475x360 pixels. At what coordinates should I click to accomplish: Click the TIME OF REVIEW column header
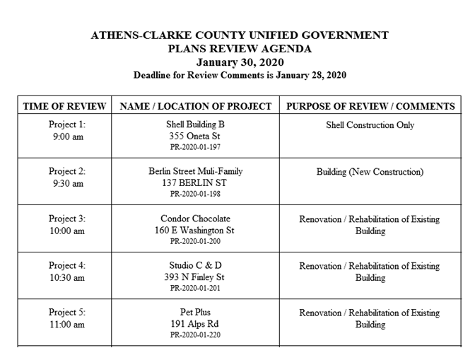[64, 106]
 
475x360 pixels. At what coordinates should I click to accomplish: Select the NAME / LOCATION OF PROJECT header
[196, 106]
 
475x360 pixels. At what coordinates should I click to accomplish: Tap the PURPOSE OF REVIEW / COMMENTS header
[370, 106]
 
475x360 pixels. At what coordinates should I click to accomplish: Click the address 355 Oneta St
[195, 137]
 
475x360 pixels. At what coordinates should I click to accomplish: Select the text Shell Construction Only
[370, 125]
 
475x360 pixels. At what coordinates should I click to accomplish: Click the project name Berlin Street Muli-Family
[195, 171]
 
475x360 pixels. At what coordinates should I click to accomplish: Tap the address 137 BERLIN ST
[195, 182]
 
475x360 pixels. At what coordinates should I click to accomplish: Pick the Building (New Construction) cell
[370, 172]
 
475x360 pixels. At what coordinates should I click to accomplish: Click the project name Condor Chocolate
[195, 219]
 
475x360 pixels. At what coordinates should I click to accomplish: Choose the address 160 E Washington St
[195, 230]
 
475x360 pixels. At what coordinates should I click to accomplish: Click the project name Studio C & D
[195, 266]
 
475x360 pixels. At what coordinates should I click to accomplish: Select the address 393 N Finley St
[195, 277]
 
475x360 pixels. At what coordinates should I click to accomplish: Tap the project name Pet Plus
[195, 312]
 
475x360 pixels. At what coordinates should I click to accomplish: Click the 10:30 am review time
[67, 277]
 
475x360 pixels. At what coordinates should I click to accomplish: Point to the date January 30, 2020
[239, 62]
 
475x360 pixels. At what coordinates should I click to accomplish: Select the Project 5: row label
[67, 312]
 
